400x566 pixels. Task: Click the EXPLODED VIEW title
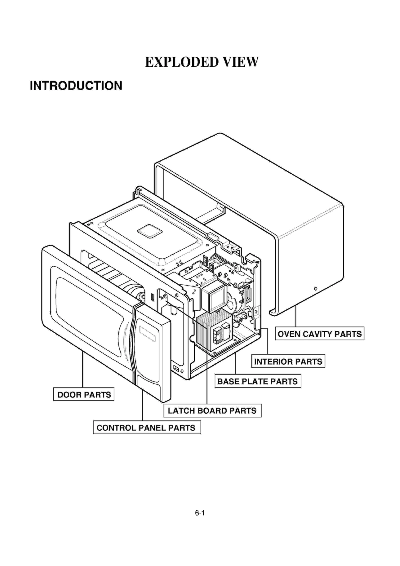[x=201, y=62]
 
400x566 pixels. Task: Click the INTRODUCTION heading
[x=76, y=86]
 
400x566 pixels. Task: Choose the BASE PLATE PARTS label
[x=257, y=381]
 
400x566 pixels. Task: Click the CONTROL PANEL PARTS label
[x=147, y=428]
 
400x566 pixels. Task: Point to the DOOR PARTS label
[x=84, y=395]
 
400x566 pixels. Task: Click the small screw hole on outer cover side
[x=315, y=288]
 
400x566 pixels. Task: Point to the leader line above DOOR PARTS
[x=82, y=369]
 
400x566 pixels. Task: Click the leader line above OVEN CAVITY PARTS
[x=296, y=316]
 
